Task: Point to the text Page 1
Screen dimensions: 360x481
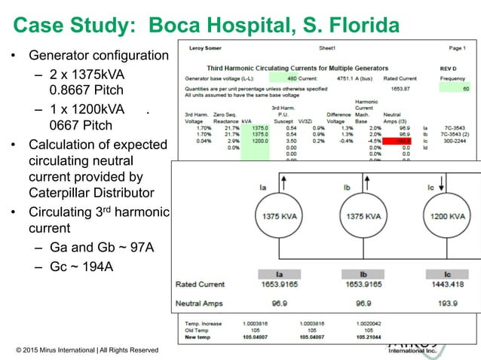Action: pyautogui.click(x=457, y=47)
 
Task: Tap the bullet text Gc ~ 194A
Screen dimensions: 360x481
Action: pyautogui.click(x=79, y=264)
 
